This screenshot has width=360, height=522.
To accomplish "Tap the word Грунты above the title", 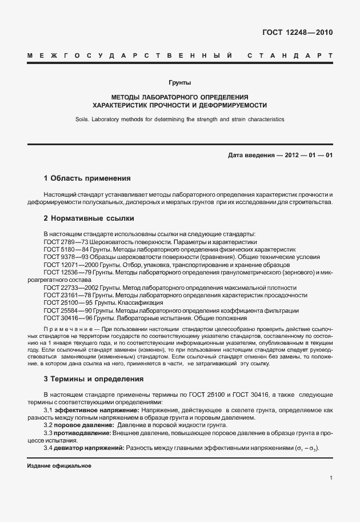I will pyautogui.click(x=180, y=83).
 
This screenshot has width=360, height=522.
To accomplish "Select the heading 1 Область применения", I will pyautogui.click(x=87, y=178).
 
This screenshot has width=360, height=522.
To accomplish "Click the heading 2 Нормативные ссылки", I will pyautogui.click(x=89, y=218).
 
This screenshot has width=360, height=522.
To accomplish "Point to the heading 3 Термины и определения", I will pyautogui.click(x=94, y=379).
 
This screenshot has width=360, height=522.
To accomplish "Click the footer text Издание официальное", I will pyautogui.click(x=59, y=466).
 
